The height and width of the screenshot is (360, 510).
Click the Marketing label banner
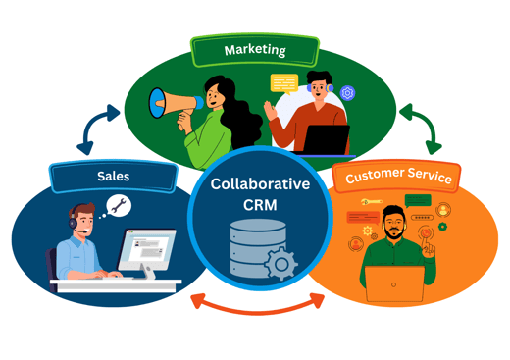pos(255,50)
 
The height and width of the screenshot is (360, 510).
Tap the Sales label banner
pos(112,177)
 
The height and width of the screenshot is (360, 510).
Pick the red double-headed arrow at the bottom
pos(256,303)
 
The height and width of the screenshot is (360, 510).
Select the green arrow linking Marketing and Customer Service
pos(420,128)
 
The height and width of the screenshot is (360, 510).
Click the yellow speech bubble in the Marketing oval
pos(284,82)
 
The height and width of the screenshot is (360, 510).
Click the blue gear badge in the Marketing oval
pos(347,94)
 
